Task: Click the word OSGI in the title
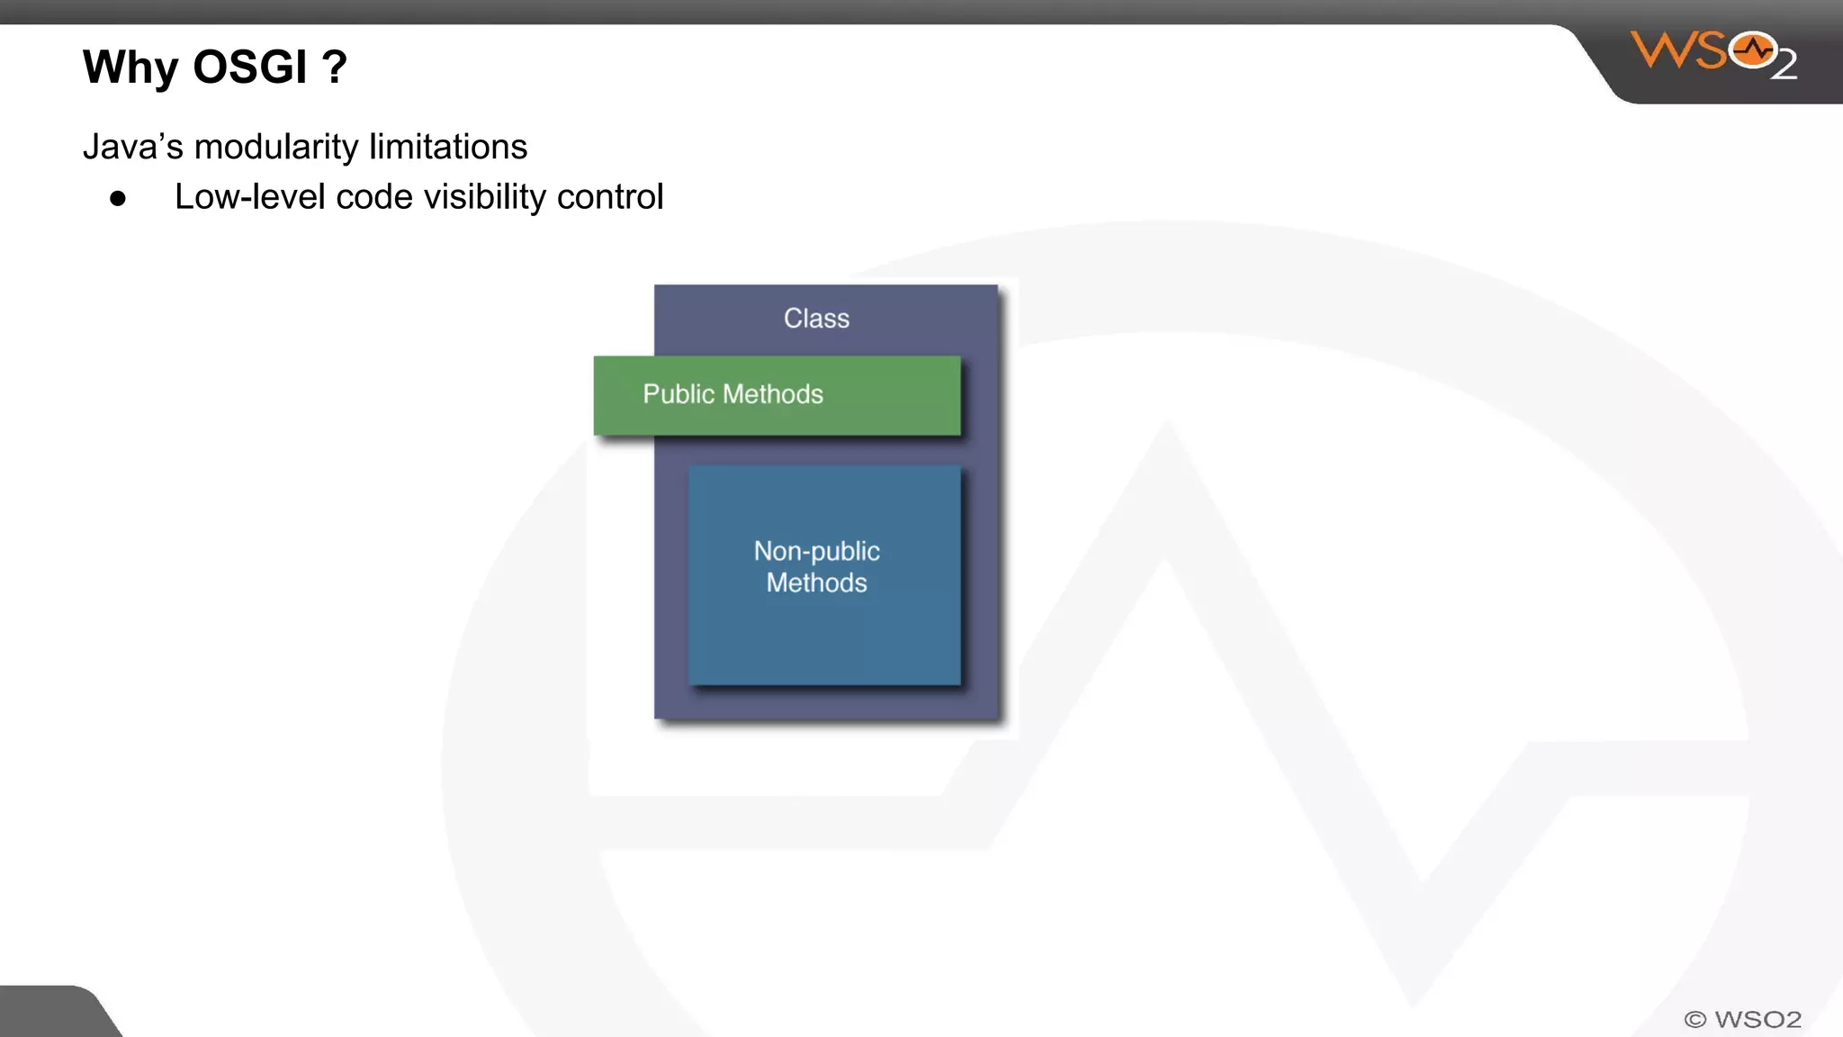click(249, 68)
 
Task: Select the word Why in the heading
click(131, 68)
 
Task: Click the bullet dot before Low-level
click(118, 199)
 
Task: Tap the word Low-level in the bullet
click(249, 197)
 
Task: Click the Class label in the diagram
click(816, 319)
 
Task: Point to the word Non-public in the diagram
click(816, 551)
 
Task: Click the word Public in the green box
click(678, 394)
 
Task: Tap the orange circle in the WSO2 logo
click(1753, 50)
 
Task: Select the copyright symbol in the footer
click(1695, 1020)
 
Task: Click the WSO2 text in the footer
click(1758, 1020)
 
